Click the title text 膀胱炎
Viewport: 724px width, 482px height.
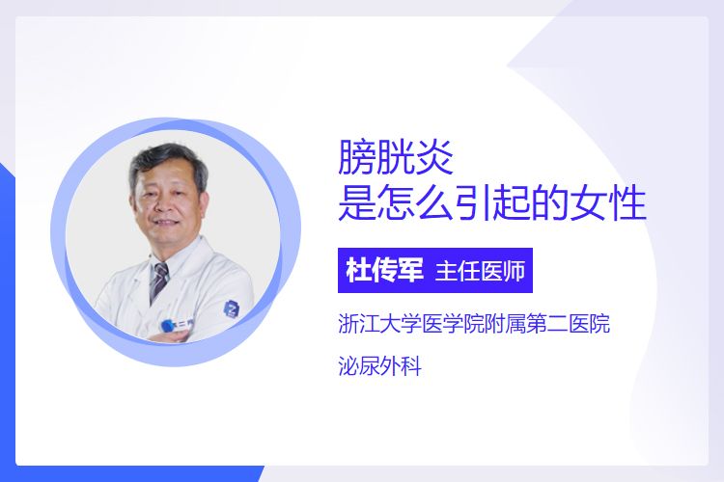click(396, 157)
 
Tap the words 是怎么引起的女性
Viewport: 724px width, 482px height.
click(492, 203)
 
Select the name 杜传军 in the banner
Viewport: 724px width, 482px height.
click(384, 271)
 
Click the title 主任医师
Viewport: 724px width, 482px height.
click(480, 271)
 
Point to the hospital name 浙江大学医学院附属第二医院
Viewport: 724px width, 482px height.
click(474, 323)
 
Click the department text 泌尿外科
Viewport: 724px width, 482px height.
click(380, 366)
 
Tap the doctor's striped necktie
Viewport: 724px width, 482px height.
click(159, 280)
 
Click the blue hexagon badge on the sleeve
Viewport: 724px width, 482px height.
click(231, 308)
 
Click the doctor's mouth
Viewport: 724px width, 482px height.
click(165, 224)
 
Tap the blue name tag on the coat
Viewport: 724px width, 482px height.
click(174, 325)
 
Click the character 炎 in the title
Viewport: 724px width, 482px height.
click(434, 157)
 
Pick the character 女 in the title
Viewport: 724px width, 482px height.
click(588, 203)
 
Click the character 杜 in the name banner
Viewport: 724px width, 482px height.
click(359, 271)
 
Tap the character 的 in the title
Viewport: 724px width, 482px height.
click(550, 203)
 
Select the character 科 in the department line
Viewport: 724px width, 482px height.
click(412, 366)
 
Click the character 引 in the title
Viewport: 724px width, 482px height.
click(473, 203)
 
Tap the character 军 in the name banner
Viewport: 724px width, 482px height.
click(410, 271)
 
